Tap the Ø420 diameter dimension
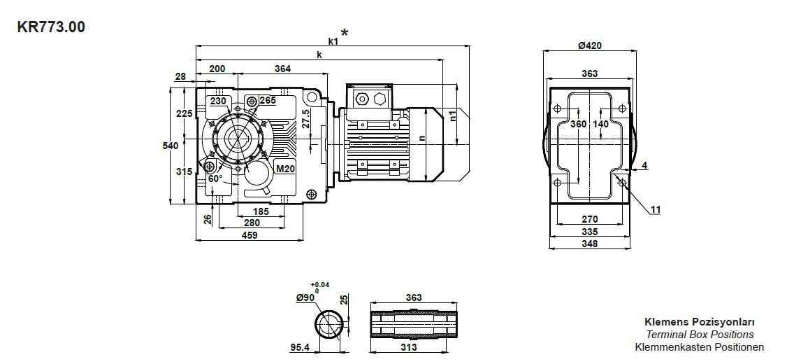point(590,46)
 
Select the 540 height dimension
point(170,146)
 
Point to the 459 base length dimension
point(250,235)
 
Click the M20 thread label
point(284,169)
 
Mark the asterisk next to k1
point(345,33)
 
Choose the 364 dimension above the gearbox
point(282,69)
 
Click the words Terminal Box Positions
point(699,335)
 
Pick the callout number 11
point(655,209)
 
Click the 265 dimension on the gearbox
point(268,101)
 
